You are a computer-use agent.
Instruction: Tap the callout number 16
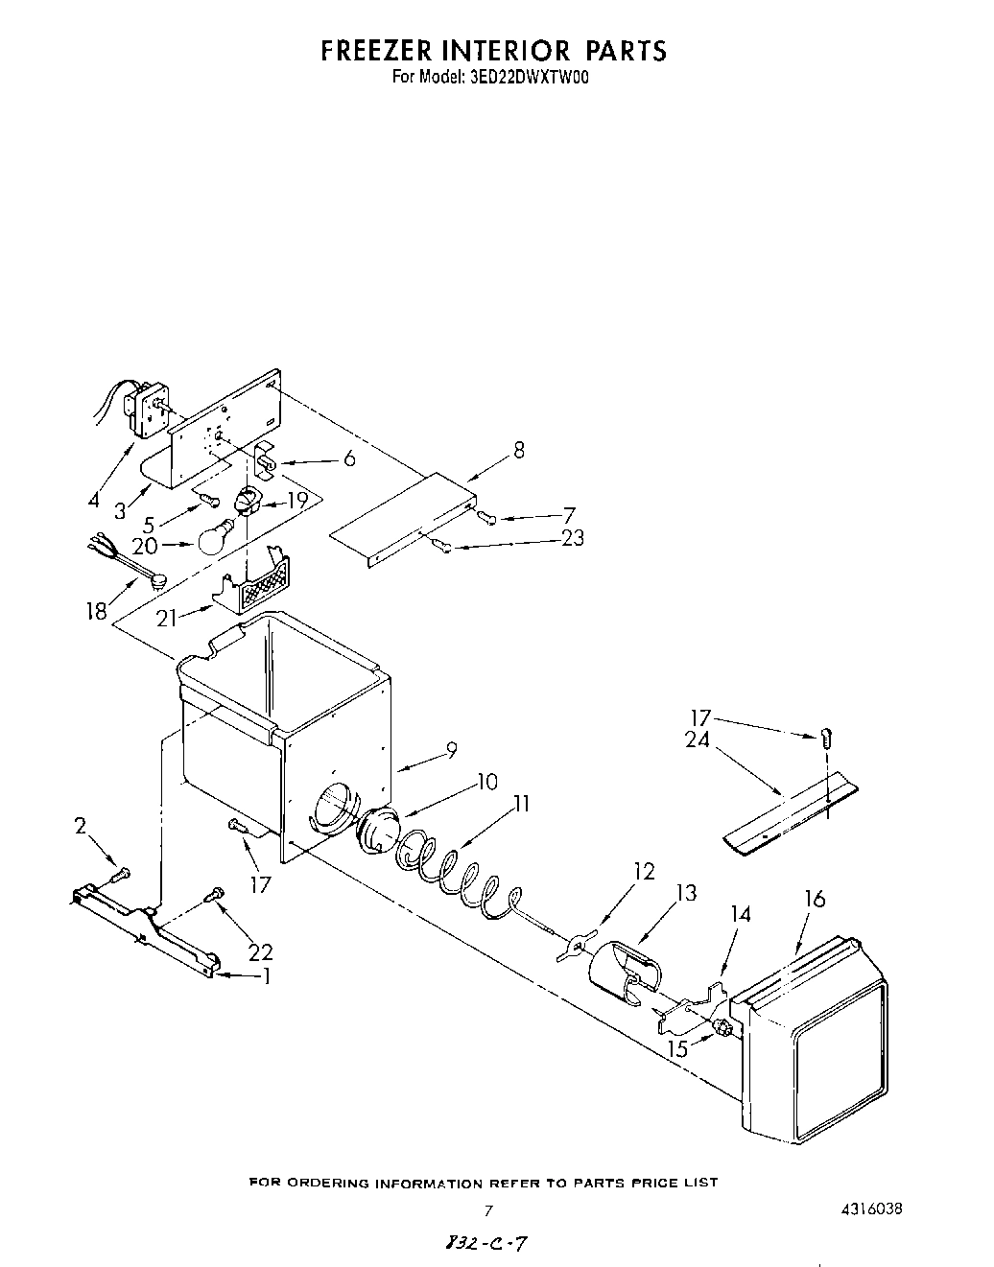click(x=814, y=900)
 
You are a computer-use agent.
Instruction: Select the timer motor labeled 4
click(x=149, y=404)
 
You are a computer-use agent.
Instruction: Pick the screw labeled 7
click(x=486, y=518)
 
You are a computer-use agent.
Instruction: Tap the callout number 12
click(x=644, y=871)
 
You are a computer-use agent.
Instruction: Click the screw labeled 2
click(x=119, y=874)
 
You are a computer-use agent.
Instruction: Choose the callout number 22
click(x=260, y=951)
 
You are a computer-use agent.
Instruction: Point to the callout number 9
click(x=450, y=753)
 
